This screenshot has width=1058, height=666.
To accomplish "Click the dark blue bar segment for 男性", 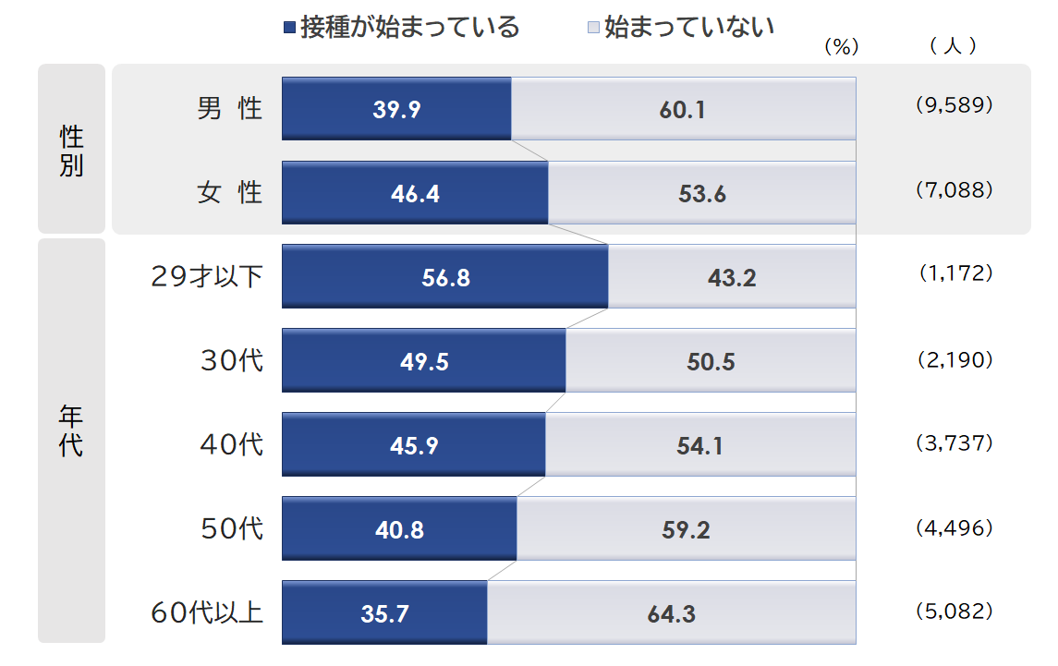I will (396, 108).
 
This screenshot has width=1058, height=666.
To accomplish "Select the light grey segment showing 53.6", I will (702, 193).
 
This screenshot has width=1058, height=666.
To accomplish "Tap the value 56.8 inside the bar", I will (445, 277).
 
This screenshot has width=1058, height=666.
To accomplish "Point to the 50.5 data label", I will (711, 362).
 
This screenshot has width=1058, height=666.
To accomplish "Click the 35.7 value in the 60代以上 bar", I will (384, 613).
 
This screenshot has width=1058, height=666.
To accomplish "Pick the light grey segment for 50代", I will (686, 529).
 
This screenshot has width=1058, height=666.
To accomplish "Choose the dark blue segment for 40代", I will (413, 445).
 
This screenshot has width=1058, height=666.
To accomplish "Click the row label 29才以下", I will (207, 276).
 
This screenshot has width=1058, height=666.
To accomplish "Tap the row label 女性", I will (229, 192).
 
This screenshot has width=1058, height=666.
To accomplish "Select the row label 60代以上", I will (207, 612).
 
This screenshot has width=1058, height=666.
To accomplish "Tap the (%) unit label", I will (841, 47).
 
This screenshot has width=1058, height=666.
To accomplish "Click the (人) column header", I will (954, 46).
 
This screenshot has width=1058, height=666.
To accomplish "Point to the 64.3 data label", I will (672, 613).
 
